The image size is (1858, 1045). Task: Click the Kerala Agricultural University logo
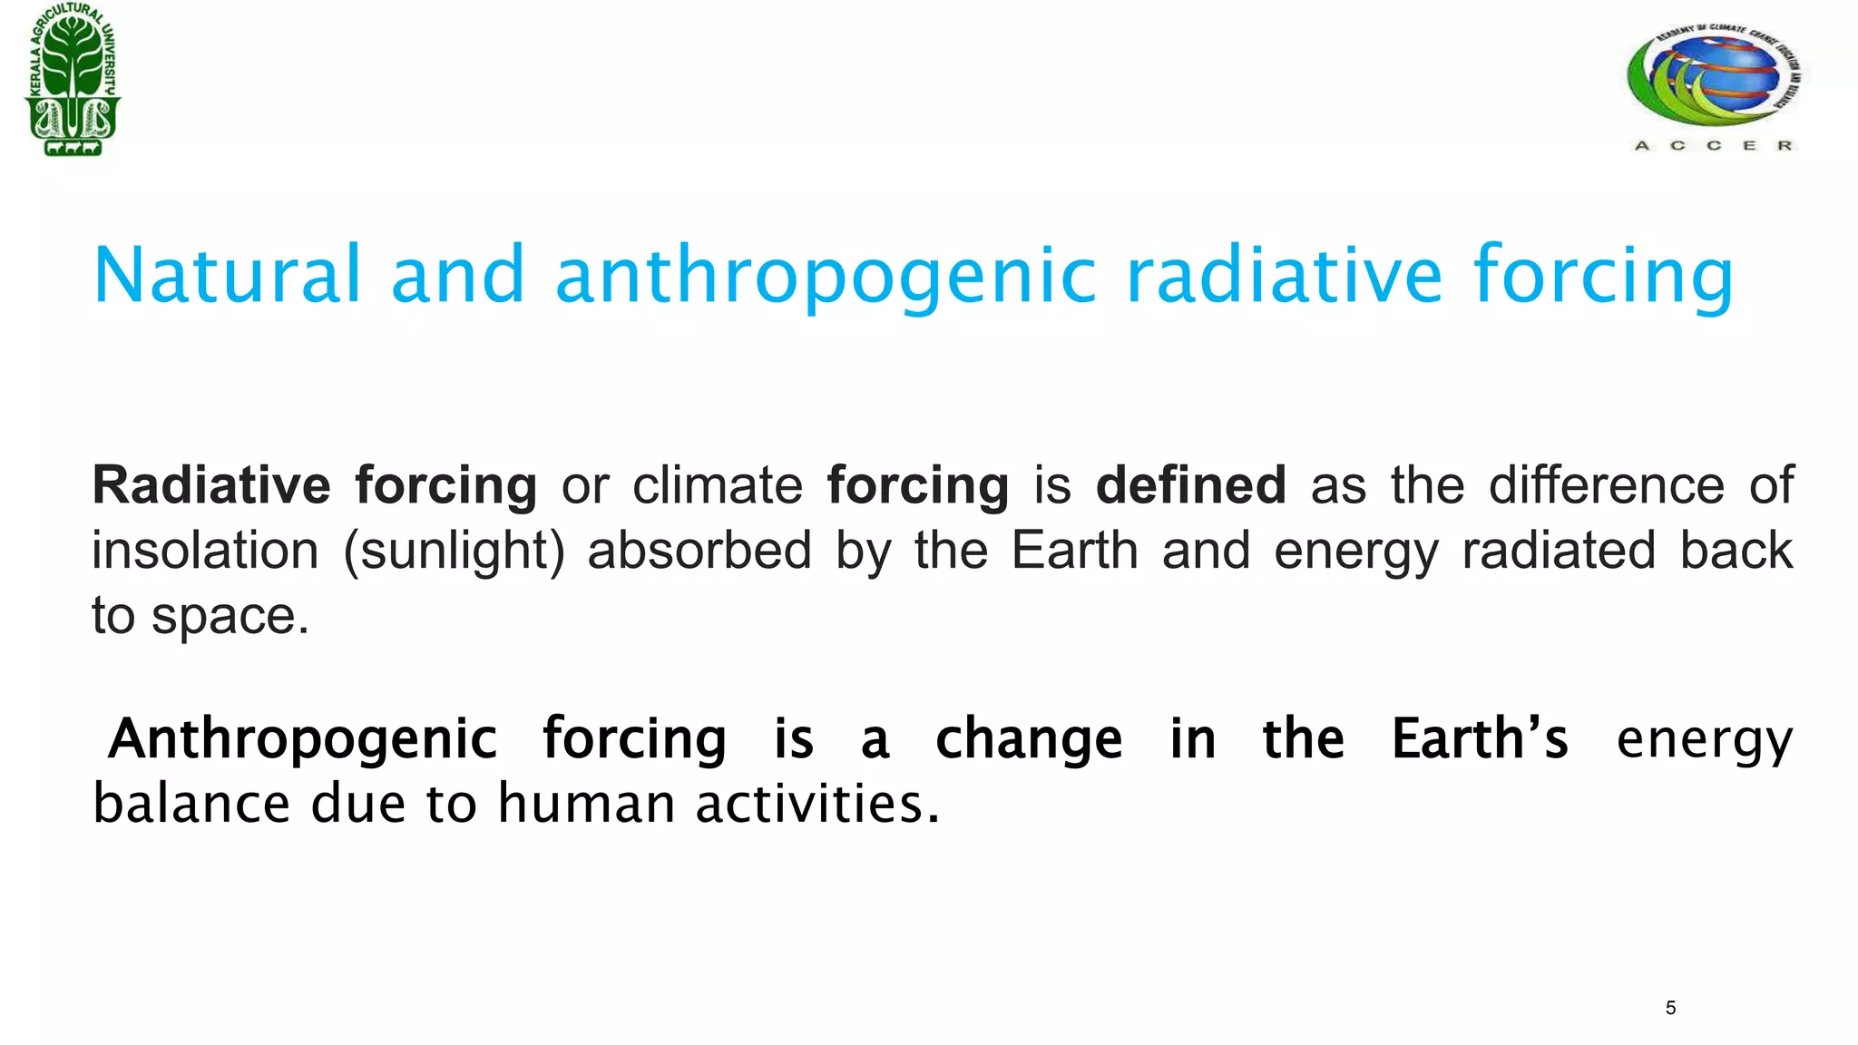pyautogui.click(x=73, y=80)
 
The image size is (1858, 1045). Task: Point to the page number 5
pyautogui.click(x=1670, y=1008)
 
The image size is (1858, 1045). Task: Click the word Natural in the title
pyautogui.click(x=227, y=274)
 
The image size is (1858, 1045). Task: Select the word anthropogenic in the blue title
pyautogui.click(x=826, y=276)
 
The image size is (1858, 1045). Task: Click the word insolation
pyautogui.click(x=205, y=550)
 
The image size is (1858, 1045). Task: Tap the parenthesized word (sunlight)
pyautogui.click(x=454, y=552)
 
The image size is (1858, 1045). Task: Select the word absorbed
pyautogui.click(x=699, y=550)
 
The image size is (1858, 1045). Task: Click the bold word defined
pyautogui.click(x=1190, y=484)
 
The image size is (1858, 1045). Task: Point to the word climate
pyautogui.click(x=717, y=484)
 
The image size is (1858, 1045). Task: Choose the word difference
pyautogui.click(x=1606, y=484)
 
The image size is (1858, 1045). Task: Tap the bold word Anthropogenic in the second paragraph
pyautogui.click(x=302, y=739)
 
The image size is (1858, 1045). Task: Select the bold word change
pyautogui.click(x=1028, y=739)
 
